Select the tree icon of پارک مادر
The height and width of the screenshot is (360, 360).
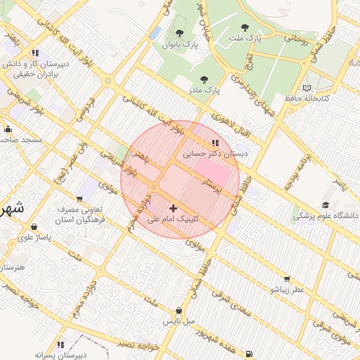coord(205,79)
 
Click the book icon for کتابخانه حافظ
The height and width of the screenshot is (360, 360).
coord(306,87)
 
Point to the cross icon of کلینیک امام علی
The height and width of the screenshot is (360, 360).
coord(174,208)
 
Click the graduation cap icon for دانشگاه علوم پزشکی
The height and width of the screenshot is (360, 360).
coord(326,205)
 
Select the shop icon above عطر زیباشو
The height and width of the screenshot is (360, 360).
coord(285,279)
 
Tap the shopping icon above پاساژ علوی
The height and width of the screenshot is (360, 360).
coord(35,227)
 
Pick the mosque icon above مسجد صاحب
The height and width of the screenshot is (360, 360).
coord(8,129)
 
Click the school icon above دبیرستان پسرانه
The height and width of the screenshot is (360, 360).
coord(60,345)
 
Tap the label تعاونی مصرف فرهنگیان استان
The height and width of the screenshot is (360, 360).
coord(79,215)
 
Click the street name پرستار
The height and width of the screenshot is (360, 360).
coord(212,187)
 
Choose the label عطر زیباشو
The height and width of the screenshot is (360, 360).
coord(288,290)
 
